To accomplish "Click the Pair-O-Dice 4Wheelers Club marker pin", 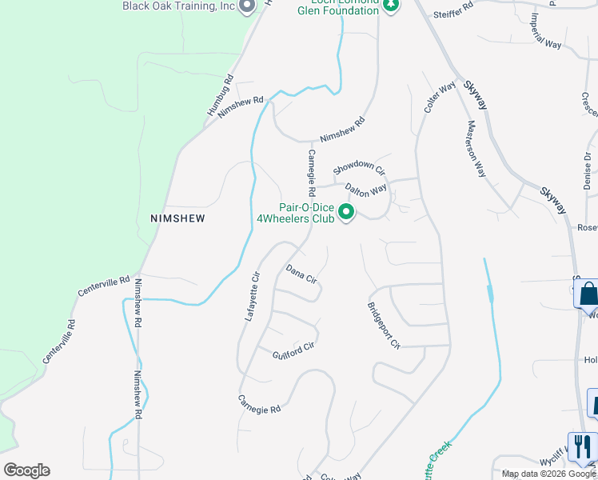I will click(346, 213).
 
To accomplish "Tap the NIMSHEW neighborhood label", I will click(177, 218).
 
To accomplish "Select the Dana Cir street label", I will click(301, 274).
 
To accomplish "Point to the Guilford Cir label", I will click(293, 350).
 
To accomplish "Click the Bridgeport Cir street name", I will click(384, 326).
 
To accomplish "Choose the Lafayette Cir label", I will click(252, 296).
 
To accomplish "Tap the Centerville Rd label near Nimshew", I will click(104, 286).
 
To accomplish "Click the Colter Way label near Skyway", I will click(440, 98).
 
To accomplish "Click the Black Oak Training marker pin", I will click(247, 6).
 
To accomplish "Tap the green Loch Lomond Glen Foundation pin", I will click(390, 6).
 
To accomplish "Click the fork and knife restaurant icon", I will click(582, 446).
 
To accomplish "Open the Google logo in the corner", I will click(26, 470).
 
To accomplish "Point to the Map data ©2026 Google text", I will click(548, 474).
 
